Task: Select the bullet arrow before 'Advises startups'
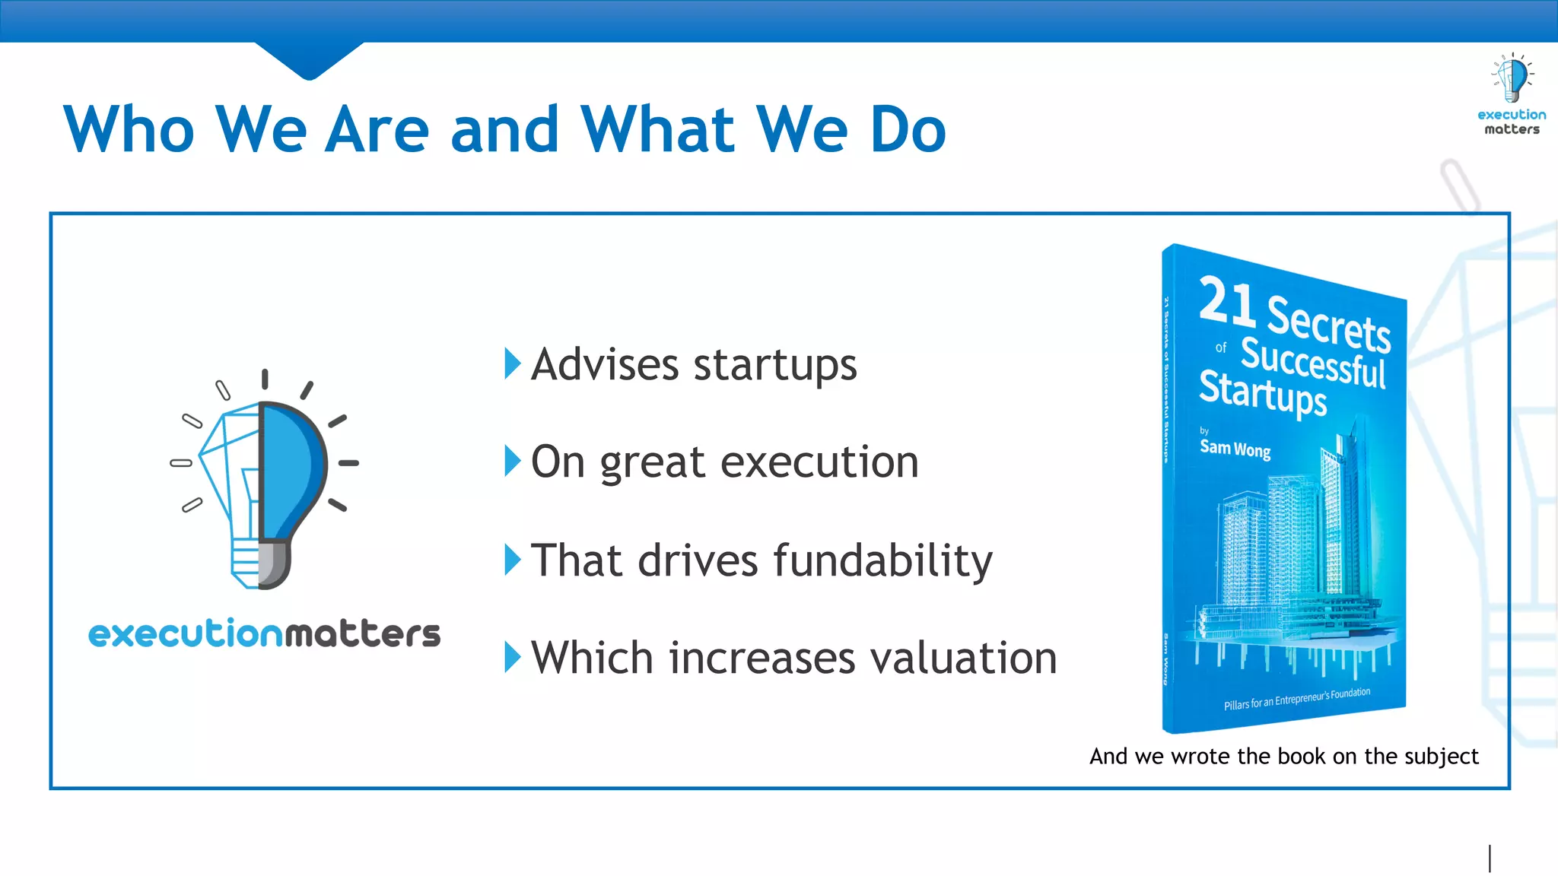[x=513, y=363]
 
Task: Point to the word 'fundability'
[x=882, y=560]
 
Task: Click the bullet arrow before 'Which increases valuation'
[x=513, y=657]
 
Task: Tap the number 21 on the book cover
[x=1226, y=302]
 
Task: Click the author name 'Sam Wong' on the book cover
[x=1235, y=449]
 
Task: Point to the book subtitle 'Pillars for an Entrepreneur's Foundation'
[x=1296, y=699]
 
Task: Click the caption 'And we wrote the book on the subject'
[x=1283, y=757]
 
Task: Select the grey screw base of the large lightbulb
[x=274, y=564]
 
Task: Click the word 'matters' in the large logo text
[x=362, y=633]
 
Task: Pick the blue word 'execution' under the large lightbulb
[x=186, y=633]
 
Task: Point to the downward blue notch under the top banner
[x=309, y=61]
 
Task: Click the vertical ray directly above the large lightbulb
[x=265, y=379]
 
